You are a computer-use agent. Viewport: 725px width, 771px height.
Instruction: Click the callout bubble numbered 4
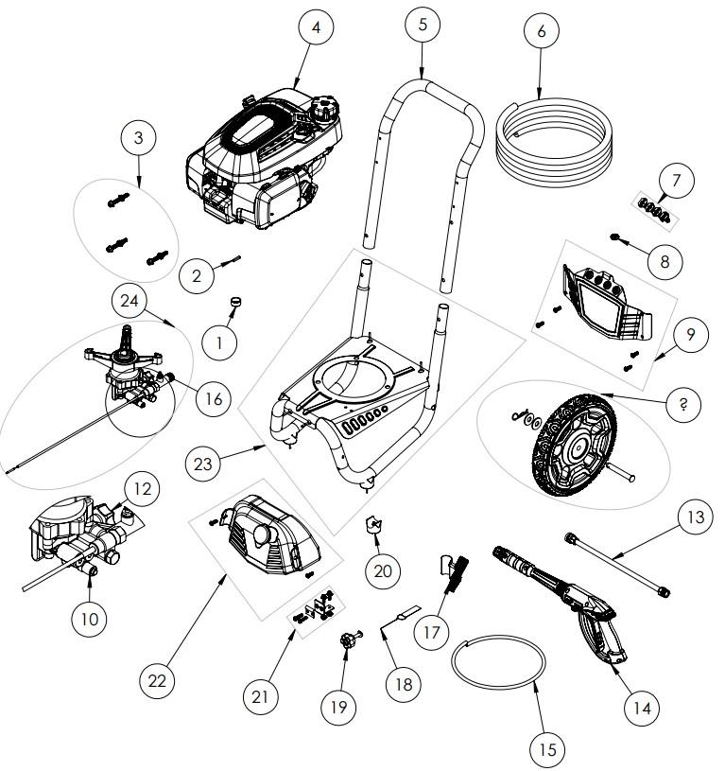[x=316, y=28]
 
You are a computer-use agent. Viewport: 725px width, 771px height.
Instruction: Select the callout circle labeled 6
[x=541, y=31]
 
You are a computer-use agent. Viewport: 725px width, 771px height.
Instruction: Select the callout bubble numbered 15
[x=546, y=751]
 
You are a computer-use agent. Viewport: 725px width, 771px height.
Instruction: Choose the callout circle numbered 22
[x=159, y=678]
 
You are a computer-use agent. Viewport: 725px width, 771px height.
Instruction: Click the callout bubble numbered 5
[x=423, y=26]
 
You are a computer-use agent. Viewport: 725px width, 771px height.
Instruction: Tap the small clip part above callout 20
[x=374, y=526]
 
